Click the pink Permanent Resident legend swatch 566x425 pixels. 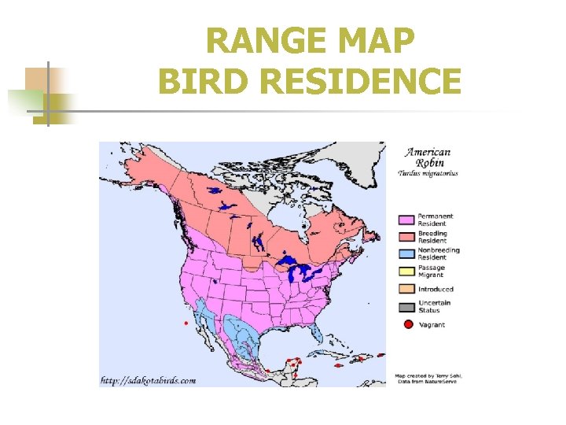tap(406, 220)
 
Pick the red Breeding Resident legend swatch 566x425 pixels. tap(406, 236)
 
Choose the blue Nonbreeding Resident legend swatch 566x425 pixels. tap(406, 253)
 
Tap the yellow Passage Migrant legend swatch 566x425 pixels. tap(406, 271)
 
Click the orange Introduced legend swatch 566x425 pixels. tap(406, 289)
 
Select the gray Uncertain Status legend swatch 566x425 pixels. tap(406, 306)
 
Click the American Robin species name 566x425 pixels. tap(428, 157)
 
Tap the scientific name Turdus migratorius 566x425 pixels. tap(428, 173)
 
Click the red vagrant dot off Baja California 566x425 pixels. tap(186, 323)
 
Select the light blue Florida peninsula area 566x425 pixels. tap(315, 335)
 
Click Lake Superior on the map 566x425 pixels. tap(292, 261)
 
